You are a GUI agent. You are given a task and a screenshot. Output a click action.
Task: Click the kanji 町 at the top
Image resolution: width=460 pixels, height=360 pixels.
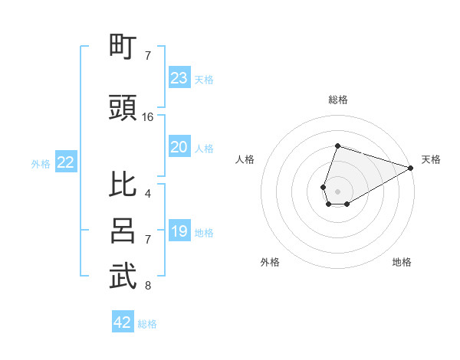coord(123,47)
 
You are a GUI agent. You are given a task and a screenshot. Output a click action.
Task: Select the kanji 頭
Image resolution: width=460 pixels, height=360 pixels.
coord(123,109)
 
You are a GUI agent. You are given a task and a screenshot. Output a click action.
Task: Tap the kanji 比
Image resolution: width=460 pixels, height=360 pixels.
coord(123,185)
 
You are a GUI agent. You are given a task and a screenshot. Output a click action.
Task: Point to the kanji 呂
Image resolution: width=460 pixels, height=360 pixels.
coord(123,231)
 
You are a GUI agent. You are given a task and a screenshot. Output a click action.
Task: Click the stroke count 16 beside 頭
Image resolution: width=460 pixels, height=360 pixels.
coord(148,117)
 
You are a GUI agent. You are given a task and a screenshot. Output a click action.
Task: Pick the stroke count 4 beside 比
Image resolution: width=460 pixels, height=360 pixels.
coord(148,194)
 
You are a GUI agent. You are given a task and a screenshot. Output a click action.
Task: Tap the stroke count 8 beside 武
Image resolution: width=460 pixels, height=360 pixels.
coord(148,286)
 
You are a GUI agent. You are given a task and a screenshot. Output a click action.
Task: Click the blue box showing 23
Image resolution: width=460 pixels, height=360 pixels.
coord(179,78)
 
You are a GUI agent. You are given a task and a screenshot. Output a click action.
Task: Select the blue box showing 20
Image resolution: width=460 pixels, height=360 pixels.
coord(179,147)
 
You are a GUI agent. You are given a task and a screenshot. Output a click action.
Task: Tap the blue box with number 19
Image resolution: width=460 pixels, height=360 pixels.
coord(179,231)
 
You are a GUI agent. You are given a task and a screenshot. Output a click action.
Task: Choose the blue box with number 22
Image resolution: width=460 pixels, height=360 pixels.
coord(66,162)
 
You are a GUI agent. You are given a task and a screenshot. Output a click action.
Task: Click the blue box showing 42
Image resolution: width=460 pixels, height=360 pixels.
coord(123,322)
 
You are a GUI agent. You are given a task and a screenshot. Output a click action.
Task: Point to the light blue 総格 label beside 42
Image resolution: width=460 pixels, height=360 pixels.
coord(147,324)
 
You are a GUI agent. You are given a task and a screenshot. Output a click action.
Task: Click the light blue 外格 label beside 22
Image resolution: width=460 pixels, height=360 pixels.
coord(41,163)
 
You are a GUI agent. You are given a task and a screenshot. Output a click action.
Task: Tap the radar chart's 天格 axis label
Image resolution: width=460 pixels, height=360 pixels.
coord(431,159)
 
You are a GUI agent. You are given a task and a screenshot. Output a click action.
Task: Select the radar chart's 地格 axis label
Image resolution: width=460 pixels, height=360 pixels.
coord(402,262)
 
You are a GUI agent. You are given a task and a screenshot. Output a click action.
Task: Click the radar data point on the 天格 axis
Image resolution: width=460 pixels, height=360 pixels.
coord(411,168)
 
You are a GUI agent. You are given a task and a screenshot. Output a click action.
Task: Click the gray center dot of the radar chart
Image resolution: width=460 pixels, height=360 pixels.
coord(337,190)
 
